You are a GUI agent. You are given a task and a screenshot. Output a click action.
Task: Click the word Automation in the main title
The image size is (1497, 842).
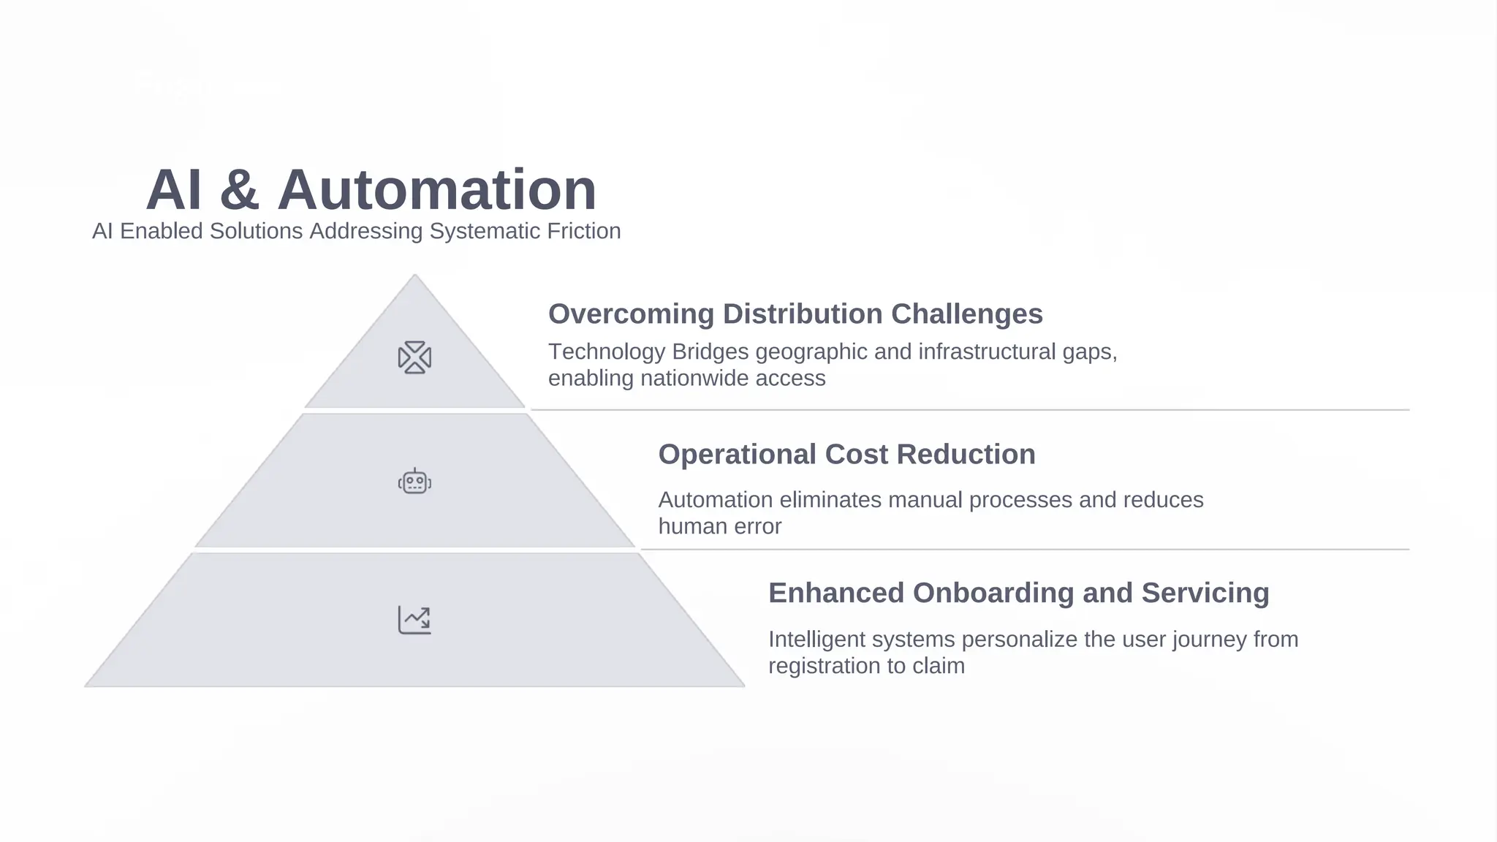(436, 190)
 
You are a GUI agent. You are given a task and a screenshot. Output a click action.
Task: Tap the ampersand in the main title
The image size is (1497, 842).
(239, 190)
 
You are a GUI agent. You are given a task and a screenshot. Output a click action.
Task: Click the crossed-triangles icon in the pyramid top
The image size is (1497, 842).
(414, 357)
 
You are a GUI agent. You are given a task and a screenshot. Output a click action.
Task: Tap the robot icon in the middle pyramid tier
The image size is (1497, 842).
(414, 482)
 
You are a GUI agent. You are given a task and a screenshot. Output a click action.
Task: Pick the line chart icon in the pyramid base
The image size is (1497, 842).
(414, 620)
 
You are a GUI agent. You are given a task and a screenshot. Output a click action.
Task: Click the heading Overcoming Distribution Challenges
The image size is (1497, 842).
(795, 314)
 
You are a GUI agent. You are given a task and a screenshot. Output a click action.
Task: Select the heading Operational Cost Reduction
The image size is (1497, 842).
(846, 454)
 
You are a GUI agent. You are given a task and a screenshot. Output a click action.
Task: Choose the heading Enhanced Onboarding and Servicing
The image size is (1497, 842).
(1018, 593)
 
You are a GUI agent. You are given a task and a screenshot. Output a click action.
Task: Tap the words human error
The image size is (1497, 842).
(720, 526)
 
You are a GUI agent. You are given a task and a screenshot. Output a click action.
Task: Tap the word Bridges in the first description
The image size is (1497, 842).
(710, 352)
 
